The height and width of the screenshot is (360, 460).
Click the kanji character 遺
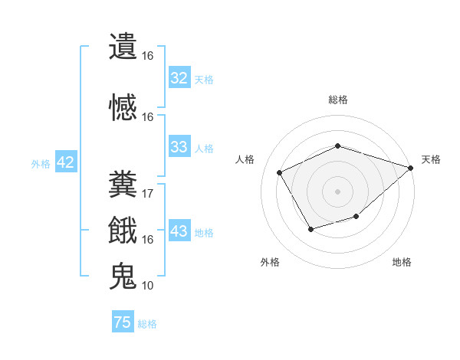(x=123, y=47)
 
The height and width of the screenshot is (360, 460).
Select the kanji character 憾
(x=123, y=107)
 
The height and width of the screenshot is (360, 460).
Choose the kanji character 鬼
(x=123, y=277)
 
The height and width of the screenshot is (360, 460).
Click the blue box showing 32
(x=179, y=78)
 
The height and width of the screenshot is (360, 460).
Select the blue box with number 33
(x=179, y=147)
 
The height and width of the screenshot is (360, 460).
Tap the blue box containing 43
(x=179, y=231)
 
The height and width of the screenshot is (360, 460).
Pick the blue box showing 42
(x=65, y=162)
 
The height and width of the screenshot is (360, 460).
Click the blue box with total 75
(x=123, y=322)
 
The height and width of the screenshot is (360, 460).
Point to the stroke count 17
(x=148, y=193)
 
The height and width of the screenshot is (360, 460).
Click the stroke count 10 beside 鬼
(x=148, y=286)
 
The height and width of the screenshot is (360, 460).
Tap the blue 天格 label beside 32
(x=204, y=79)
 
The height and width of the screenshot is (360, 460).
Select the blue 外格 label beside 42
(x=41, y=163)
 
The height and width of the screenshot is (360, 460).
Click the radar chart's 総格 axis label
(x=337, y=100)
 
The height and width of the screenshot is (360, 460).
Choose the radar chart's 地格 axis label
(x=402, y=262)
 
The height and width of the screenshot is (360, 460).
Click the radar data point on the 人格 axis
(x=280, y=172)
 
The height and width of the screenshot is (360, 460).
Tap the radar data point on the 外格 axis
(x=310, y=228)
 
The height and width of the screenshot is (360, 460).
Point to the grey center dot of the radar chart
(x=337, y=191)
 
